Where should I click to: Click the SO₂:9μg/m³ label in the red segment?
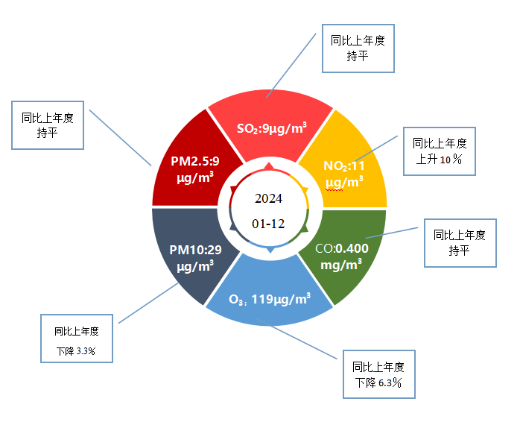(x=272, y=128)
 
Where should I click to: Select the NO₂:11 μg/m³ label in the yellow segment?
(x=344, y=174)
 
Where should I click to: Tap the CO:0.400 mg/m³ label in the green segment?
(x=341, y=256)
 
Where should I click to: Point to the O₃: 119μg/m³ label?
(x=270, y=299)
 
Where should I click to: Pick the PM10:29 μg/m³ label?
(x=195, y=258)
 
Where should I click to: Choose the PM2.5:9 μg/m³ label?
(x=195, y=169)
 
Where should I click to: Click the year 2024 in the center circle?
(x=269, y=198)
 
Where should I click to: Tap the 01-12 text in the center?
(x=268, y=224)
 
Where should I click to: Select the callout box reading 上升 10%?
(x=440, y=151)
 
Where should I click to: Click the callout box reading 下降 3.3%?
(x=77, y=339)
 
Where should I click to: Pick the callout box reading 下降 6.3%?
(x=379, y=374)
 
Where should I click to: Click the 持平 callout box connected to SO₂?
(x=358, y=48)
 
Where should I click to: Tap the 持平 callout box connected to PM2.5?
(x=48, y=125)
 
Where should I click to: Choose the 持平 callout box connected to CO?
(x=460, y=243)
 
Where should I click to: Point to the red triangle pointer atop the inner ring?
(x=269, y=166)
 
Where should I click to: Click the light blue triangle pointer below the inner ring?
(x=270, y=250)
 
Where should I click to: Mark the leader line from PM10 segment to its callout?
(x=148, y=303)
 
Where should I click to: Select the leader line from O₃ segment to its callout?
(x=297, y=339)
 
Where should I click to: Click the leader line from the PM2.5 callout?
(x=121, y=138)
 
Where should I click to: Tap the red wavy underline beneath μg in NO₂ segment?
(x=334, y=190)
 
